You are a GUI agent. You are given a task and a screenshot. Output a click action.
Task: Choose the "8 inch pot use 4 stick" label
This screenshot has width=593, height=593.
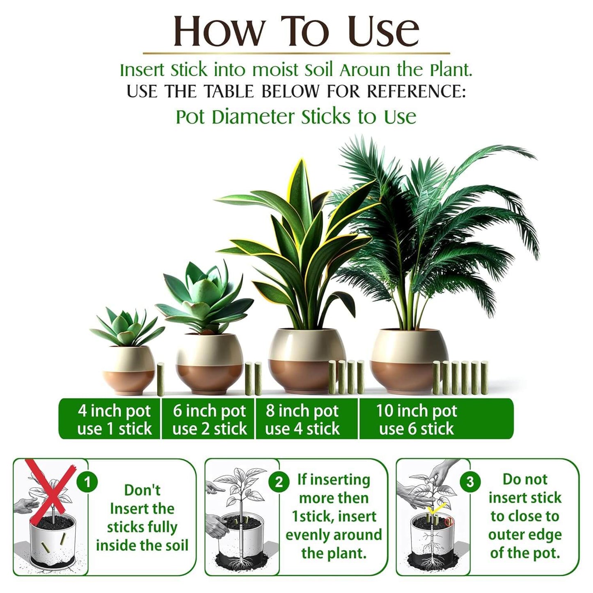tap(302, 419)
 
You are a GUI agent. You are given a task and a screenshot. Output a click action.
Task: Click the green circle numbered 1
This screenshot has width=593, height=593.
tap(87, 482)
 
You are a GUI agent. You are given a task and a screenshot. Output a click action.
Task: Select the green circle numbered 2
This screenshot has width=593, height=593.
tap(279, 482)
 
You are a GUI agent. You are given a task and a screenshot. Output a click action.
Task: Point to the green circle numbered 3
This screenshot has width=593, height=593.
tap(470, 482)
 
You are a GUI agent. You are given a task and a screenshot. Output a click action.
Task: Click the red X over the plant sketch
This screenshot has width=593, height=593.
tap(51, 486)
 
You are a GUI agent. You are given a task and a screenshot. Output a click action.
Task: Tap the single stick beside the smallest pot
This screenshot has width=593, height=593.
tap(160, 380)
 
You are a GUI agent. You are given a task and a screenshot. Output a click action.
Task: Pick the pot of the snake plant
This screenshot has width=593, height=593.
tap(307, 359)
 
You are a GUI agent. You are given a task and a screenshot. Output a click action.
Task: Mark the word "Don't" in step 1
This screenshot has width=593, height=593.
tap(142, 490)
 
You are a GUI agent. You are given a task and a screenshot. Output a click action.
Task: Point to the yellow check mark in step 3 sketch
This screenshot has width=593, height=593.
tap(436, 509)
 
